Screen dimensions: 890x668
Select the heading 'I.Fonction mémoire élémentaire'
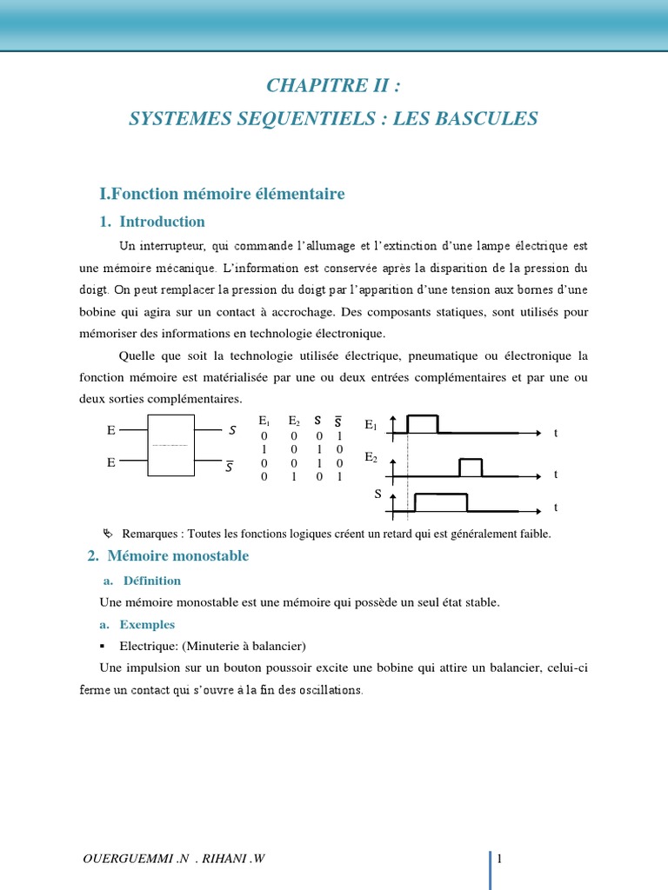(x=223, y=194)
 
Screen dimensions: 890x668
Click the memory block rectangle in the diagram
(x=170, y=445)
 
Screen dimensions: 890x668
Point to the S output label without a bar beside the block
(x=232, y=429)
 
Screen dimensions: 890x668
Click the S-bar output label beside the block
(x=230, y=466)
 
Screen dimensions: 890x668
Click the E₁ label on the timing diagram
(x=371, y=425)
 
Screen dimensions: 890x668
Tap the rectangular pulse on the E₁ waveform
(x=423, y=423)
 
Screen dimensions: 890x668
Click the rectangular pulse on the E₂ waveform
(x=471, y=467)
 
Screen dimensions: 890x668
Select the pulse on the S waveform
(x=441, y=501)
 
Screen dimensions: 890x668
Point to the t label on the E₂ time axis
(x=555, y=475)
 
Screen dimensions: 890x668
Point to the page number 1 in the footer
(x=500, y=859)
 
